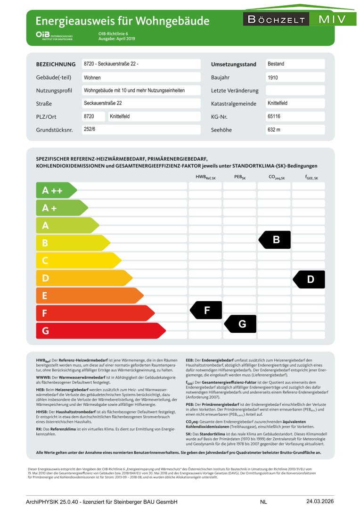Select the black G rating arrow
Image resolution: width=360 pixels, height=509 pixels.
click(241, 324)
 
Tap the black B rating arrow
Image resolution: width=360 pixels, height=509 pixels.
click(276, 239)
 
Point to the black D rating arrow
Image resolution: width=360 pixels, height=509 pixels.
click(310, 279)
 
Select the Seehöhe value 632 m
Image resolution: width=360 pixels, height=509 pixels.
click(274, 130)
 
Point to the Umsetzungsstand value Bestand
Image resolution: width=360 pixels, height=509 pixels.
click(276, 64)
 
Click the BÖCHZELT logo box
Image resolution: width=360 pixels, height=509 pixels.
click(276, 19)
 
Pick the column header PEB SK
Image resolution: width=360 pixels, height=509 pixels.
click(240, 178)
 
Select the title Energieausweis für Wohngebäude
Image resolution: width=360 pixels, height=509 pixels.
click(123, 21)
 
